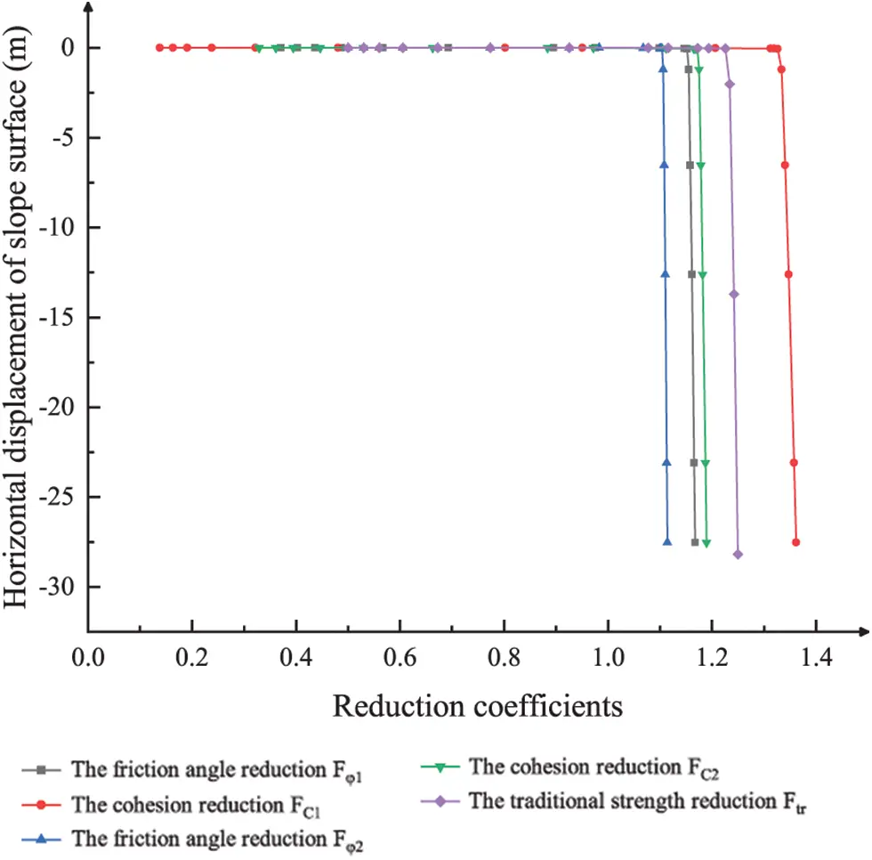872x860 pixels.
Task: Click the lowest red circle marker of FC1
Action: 796,542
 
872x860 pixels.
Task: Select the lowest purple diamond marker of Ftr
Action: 738,555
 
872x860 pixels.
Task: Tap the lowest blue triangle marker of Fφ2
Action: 668,542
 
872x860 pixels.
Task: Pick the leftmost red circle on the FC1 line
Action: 160,47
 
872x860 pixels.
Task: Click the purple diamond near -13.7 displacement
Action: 734,295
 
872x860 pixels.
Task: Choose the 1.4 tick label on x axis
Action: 816,659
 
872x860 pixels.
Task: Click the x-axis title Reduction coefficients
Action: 477,707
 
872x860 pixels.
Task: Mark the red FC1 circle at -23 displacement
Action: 794,463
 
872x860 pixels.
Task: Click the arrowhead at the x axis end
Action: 863,633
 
